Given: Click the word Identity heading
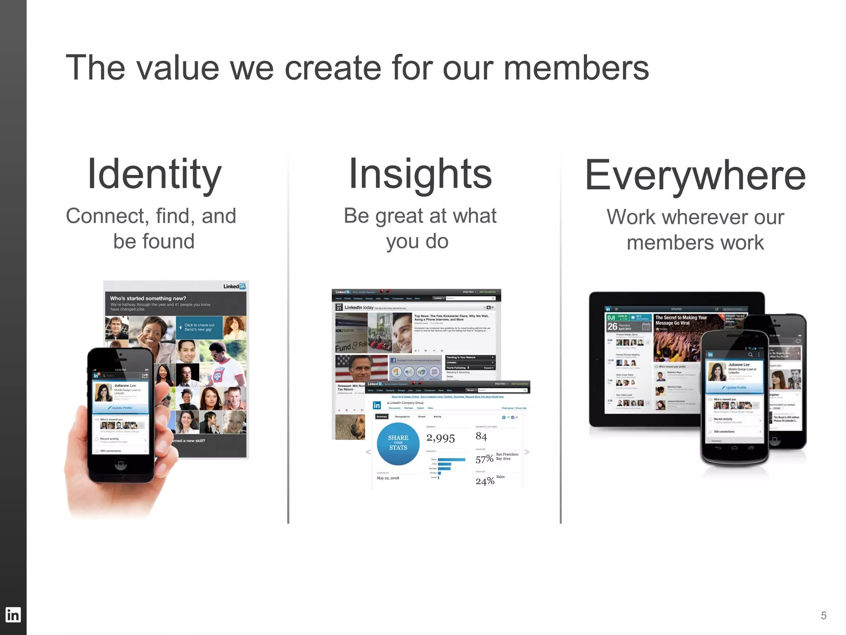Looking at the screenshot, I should click(x=154, y=174).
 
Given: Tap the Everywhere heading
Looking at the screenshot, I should click(x=695, y=175).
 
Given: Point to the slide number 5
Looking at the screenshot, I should click(x=823, y=616).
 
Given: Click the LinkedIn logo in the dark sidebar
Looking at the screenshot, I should click(x=13, y=615).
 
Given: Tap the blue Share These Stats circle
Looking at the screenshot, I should click(x=398, y=443).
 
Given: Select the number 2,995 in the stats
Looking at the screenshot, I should click(x=440, y=438).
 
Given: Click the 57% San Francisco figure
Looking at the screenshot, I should click(x=485, y=459).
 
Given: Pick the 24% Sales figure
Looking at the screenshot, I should click(x=485, y=481).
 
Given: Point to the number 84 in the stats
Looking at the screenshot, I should click(x=481, y=437).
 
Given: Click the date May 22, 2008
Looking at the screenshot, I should click(x=388, y=478).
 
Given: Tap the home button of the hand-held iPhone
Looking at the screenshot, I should click(x=120, y=464).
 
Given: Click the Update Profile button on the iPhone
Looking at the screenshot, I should click(x=120, y=408).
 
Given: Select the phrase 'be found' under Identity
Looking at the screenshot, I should click(x=154, y=241).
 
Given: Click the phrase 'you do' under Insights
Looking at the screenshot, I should click(x=417, y=241).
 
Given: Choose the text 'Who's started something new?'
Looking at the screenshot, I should click(x=148, y=298).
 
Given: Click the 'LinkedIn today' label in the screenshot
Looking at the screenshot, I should click(x=359, y=308).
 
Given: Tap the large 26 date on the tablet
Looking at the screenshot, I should click(x=612, y=326).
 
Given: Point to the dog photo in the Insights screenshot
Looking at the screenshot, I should click(x=350, y=427).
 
